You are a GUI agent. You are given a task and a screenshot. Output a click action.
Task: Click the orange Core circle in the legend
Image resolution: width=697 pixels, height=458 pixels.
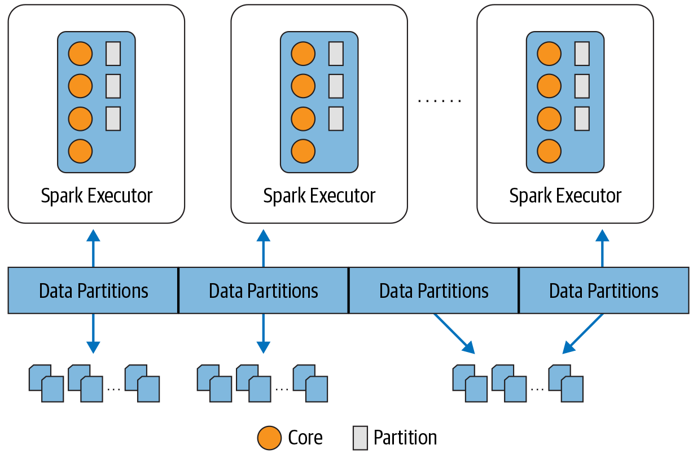(x=269, y=438)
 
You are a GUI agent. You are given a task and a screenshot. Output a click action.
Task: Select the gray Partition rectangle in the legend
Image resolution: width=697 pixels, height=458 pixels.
(x=360, y=438)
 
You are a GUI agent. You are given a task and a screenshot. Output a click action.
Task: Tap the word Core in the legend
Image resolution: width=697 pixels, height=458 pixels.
(x=305, y=438)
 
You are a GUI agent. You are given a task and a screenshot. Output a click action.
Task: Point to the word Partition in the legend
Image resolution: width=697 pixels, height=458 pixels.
(x=405, y=438)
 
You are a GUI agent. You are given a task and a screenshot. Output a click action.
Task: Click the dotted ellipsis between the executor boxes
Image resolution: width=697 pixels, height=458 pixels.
(x=440, y=101)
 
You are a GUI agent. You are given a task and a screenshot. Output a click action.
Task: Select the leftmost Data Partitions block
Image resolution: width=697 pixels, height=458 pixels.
(x=93, y=290)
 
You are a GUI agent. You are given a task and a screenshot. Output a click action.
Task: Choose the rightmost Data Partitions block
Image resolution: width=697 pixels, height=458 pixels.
(x=603, y=290)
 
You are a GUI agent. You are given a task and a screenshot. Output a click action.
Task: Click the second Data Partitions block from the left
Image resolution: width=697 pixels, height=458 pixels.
(x=263, y=290)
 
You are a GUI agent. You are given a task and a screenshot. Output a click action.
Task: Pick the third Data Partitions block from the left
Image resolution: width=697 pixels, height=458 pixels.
(x=433, y=290)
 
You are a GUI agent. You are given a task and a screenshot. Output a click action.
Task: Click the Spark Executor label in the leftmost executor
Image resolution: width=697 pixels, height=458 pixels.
(x=97, y=196)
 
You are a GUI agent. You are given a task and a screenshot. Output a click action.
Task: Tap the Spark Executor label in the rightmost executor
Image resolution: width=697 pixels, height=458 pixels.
(x=565, y=196)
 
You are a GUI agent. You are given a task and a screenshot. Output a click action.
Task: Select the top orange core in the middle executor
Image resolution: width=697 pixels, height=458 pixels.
(x=303, y=54)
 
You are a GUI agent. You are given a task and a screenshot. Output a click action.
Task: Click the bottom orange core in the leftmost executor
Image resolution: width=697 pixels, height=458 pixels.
(x=80, y=151)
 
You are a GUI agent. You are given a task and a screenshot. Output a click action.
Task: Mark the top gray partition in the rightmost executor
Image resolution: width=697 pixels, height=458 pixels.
(x=582, y=54)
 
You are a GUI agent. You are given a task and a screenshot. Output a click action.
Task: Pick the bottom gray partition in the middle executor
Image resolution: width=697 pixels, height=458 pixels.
(x=336, y=118)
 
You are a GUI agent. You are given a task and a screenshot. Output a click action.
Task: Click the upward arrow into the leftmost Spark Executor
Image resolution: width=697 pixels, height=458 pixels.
(x=93, y=248)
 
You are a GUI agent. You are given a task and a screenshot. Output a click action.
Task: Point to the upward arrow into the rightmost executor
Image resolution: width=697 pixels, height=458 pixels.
(x=602, y=248)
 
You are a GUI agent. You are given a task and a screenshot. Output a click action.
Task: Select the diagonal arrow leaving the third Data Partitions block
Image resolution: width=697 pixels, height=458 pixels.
(x=454, y=333)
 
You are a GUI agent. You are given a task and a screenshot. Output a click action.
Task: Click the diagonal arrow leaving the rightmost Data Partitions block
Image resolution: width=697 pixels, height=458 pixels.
(x=584, y=333)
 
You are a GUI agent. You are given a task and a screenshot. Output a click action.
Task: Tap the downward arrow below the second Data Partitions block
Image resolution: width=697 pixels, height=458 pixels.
(x=263, y=333)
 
